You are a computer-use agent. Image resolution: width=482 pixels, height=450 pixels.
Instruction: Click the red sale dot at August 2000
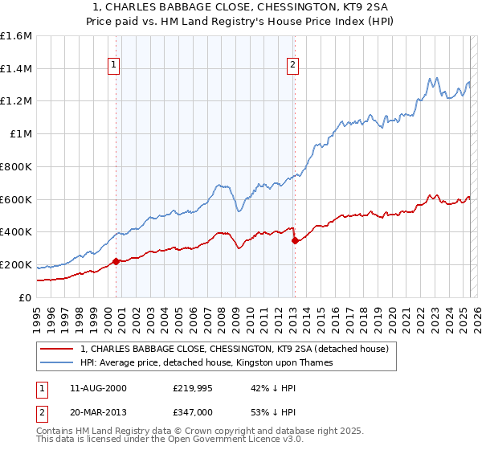pyautogui.click(x=116, y=261)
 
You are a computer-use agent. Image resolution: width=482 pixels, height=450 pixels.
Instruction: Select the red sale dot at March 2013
pyautogui.click(x=295, y=240)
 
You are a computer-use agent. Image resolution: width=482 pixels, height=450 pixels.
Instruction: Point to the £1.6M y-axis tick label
pyautogui.click(x=16, y=36)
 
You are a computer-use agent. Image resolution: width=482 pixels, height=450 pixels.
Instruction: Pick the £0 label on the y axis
pyautogui.click(x=26, y=297)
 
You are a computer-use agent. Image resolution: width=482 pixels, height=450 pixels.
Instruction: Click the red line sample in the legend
pyautogui.click(x=58, y=349)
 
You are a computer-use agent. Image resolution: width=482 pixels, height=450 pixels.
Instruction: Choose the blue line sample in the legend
pyautogui.click(x=58, y=362)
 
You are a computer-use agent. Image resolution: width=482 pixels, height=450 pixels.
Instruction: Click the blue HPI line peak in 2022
pyautogui.click(x=431, y=78)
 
